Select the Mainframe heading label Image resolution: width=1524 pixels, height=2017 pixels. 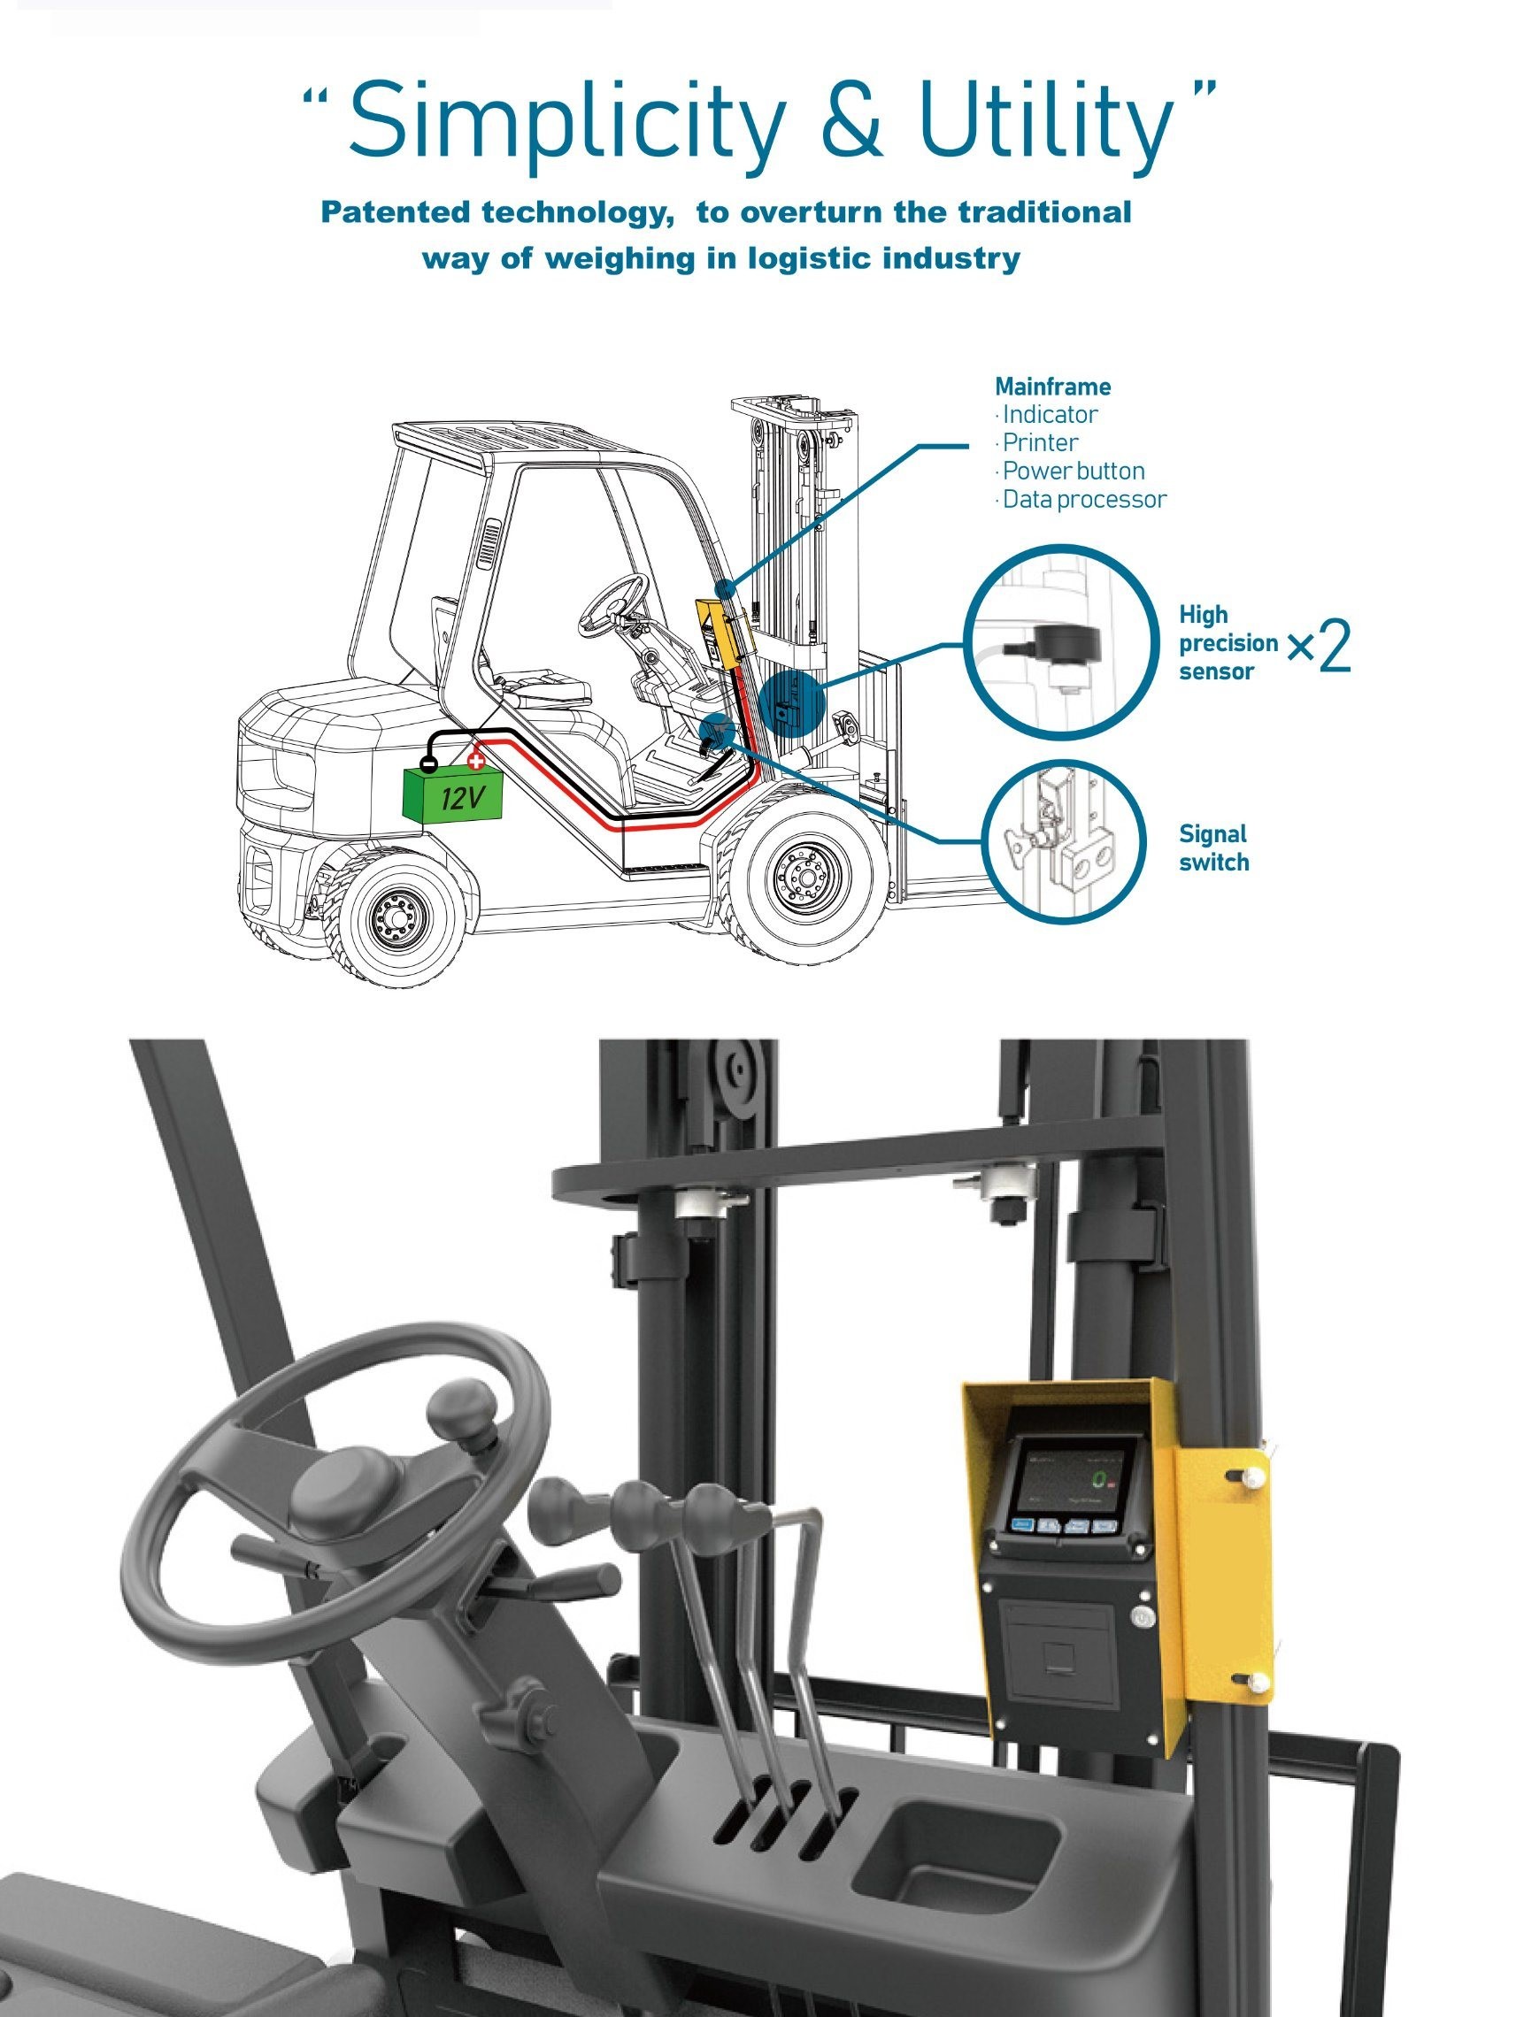click(x=1052, y=387)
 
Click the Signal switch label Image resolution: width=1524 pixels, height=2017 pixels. click(x=1213, y=848)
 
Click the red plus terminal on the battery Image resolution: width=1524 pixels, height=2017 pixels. click(x=475, y=761)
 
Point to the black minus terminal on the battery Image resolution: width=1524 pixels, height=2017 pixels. click(x=427, y=766)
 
